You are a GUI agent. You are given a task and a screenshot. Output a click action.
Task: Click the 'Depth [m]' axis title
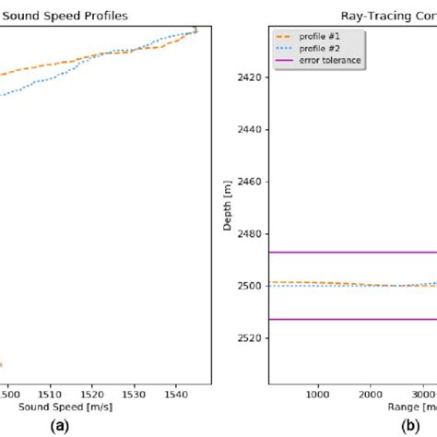[x=229, y=207]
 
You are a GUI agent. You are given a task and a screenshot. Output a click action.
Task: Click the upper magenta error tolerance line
[x=350, y=252]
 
